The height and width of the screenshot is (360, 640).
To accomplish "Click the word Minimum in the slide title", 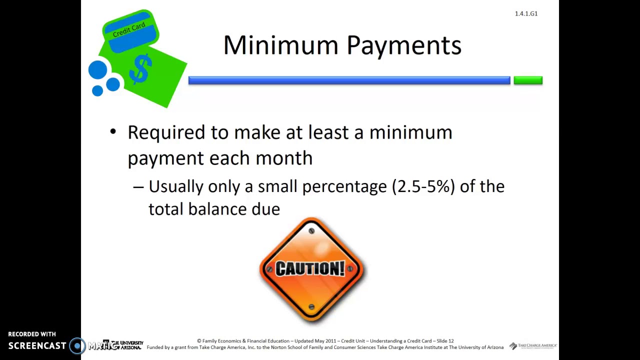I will [280, 45].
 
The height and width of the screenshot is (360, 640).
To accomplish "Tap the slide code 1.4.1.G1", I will [526, 13].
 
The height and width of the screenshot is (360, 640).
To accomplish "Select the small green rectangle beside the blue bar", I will [528, 80].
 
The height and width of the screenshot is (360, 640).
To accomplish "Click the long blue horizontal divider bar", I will [349, 80].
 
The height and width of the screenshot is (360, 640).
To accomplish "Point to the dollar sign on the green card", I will [141, 69].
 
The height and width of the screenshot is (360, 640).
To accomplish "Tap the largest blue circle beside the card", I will [97, 70].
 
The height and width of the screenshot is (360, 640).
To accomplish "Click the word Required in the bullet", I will [166, 132].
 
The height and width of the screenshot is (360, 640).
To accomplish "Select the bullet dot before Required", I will [113, 132].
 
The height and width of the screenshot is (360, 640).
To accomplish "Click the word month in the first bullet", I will [283, 158].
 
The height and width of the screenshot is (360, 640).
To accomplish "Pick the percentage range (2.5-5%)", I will [423, 186].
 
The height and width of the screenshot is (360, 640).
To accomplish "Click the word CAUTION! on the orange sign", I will [310, 268].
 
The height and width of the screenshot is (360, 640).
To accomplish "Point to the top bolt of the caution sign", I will [311, 231].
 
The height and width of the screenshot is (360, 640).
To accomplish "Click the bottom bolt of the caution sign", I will [311, 307].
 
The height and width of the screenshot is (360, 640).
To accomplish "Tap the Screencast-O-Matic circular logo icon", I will [77, 345].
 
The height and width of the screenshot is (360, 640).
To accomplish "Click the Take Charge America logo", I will [533, 346].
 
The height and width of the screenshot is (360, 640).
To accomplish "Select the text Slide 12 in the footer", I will [445, 341].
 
